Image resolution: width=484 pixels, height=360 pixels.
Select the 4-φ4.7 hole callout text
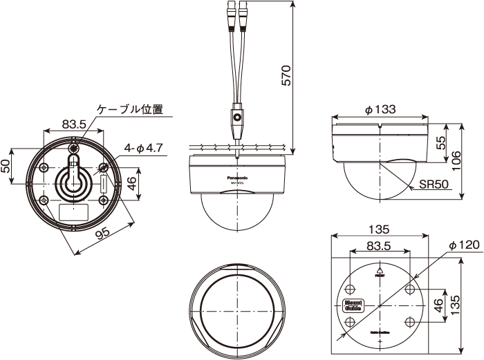click(143, 148)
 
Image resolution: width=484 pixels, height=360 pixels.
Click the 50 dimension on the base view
click(6, 166)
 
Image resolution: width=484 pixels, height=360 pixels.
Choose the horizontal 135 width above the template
click(380, 229)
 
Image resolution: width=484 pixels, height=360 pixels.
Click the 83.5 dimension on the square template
click(380, 245)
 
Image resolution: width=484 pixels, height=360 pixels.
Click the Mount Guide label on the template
click(353, 305)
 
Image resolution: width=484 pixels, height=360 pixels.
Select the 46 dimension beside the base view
click(132, 184)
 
